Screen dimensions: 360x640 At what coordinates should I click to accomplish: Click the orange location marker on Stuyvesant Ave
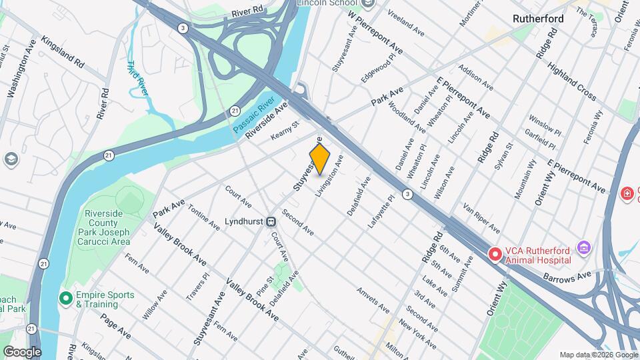pos(320,158)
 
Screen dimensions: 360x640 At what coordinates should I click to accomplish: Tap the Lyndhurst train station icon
pos(271,221)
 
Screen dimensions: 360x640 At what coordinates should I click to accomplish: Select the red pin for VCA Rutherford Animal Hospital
pos(495,254)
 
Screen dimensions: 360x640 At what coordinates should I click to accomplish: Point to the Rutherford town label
pos(538,19)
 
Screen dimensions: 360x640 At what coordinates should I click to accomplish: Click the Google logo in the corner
pos(22,351)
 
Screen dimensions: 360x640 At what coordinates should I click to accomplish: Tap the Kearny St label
pos(285,130)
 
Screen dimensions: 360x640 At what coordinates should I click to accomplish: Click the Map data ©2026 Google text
pos(599,355)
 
